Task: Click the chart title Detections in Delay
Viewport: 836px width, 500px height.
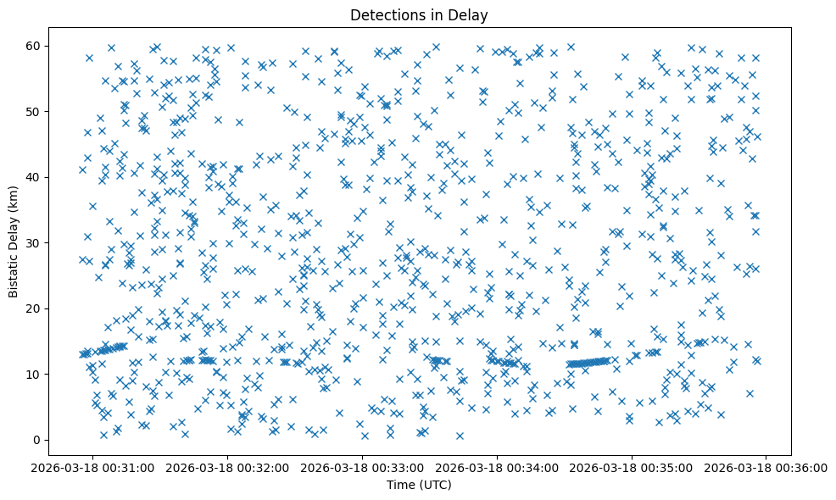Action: (419, 14)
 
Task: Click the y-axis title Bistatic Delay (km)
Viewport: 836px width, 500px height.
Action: (14, 242)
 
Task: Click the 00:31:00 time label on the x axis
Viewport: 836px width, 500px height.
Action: (93, 467)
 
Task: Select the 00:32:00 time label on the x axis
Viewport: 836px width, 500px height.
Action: (228, 467)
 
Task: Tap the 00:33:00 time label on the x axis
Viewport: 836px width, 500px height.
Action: (363, 467)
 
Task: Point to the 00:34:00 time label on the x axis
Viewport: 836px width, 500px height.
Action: (498, 467)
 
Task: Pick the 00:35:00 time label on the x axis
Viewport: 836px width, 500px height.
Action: (633, 467)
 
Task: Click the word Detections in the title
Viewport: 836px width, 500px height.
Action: (387, 14)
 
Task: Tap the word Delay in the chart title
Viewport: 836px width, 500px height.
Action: (471, 14)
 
